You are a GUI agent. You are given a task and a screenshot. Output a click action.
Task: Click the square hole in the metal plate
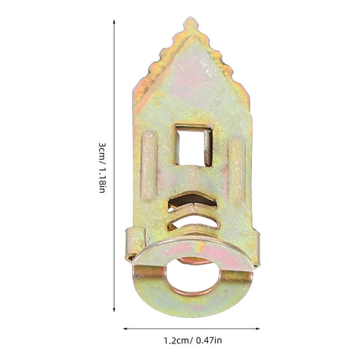click(193, 146)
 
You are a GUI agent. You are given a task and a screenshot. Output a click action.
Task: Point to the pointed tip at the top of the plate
click(190, 19)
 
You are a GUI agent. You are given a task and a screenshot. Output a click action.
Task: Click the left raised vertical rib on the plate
click(149, 165)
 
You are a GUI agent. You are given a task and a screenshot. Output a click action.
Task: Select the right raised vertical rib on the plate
click(237, 171)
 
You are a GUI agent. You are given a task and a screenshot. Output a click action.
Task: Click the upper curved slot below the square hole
click(192, 200)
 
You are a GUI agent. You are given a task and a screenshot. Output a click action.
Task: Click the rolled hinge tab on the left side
click(134, 244)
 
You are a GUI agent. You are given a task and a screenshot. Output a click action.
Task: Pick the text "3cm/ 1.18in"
click(102, 168)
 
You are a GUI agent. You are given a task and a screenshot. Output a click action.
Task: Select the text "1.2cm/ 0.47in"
click(193, 340)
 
